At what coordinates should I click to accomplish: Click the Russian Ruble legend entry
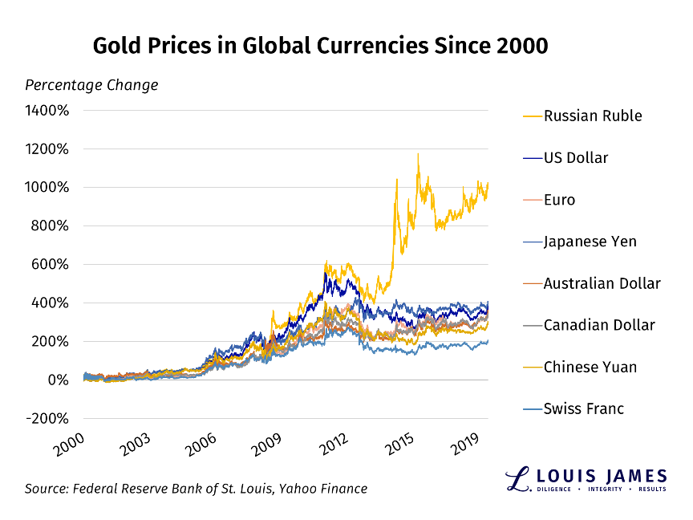tap(593, 116)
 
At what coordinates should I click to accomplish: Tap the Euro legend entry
tap(559, 200)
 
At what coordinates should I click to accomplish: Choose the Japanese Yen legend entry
tap(590, 242)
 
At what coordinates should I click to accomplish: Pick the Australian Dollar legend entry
tap(602, 283)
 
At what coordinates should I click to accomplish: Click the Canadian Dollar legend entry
tap(599, 325)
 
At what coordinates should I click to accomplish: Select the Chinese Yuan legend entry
tap(590, 367)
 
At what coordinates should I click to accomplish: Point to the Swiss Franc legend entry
tap(583, 408)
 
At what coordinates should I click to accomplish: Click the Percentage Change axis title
tap(91, 85)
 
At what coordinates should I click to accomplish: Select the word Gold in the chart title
tap(118, 46)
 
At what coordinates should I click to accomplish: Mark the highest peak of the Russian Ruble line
tap(417, 154)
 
